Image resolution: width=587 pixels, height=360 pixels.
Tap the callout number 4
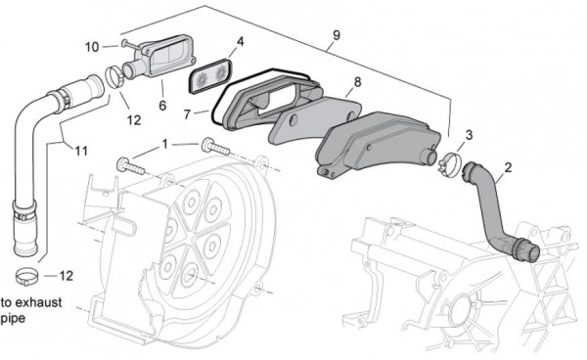pos(241,42)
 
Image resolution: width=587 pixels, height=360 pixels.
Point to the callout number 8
pos(356,82)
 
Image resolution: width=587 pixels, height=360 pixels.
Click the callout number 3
pos(470,134)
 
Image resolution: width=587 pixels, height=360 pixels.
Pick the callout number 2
pos(507,169)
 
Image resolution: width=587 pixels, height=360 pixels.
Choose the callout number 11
pos(80,151)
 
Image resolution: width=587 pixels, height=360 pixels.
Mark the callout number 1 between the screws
pos(165,144)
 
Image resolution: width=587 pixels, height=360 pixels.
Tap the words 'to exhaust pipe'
pos(31,310)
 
